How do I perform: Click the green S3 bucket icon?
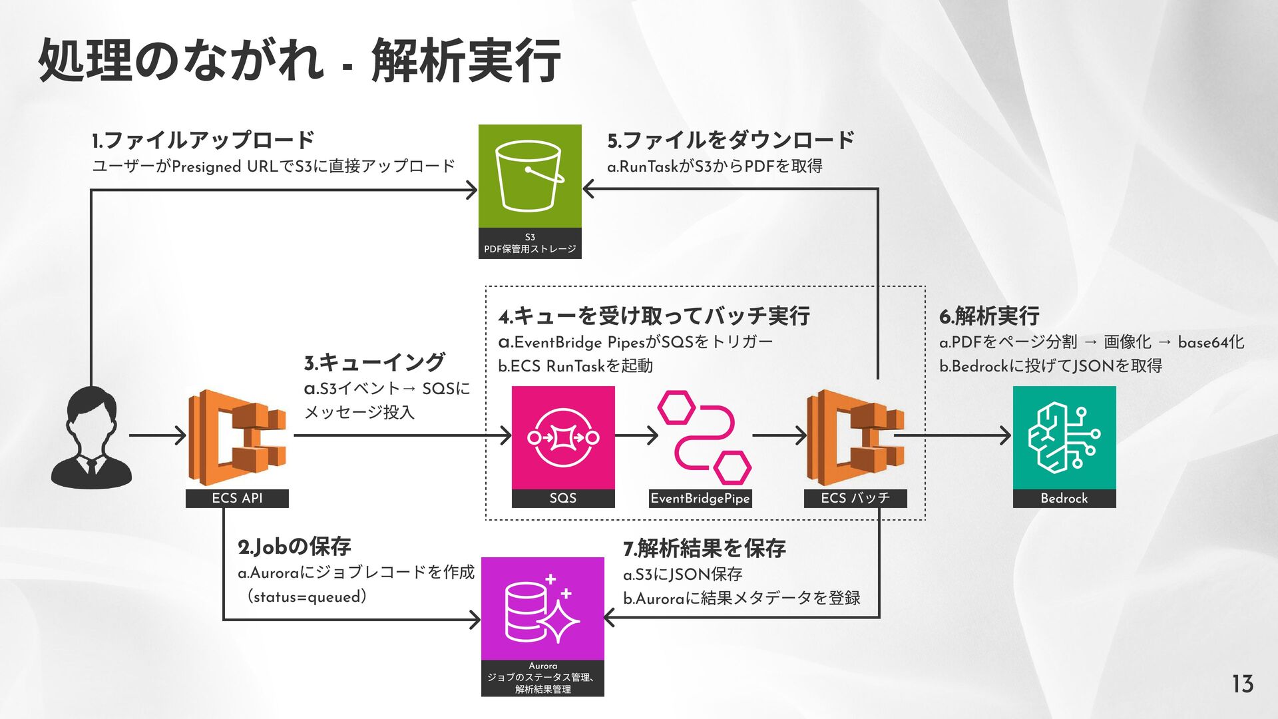pyautogui.click(x=530, y=176)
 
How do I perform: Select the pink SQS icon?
pyautogui.click(x=562, y=437)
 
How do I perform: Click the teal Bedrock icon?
pyautogui.click(x=1064, y=437)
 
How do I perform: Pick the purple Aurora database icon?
pyautogui.click(x=542, y=609)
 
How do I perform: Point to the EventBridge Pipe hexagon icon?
pyautogui.click(x=704, y=437)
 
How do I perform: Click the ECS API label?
pyautogui.click(x=237, y=498)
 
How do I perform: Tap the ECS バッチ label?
pyautogui.click(x=855, y=498)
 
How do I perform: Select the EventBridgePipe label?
pyautogui.click(x=700, y=499)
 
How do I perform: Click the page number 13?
pyautogui.click(x=1242, y=684)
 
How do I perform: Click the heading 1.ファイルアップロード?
pyautogui.click(x=203, y=140)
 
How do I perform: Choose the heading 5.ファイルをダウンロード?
pyautogui.click(x=730, y=140)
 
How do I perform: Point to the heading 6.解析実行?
pyautogui.click(x=989, y=316)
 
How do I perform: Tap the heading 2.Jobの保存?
pyautogui.click(x=294, y=547)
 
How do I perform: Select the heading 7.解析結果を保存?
pyautogui.click(x=704, y=549)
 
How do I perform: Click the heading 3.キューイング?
pyautogui.click(x=374, y=363)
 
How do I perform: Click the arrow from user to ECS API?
pyautogui.click(x=158, y=436)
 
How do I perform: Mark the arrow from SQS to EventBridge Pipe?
pyautogui.click(x=636, y=436)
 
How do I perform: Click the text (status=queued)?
pyautogui.click(x=308, y=597)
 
